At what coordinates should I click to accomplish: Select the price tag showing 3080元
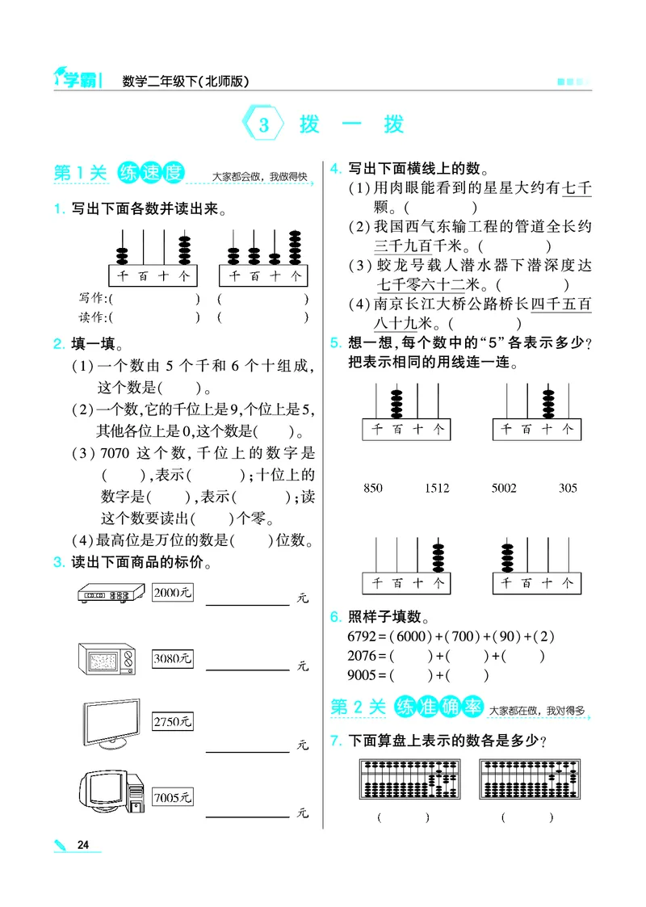[171, 658]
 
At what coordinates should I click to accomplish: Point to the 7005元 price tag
[171, 798]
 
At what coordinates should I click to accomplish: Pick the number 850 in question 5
[373, 489]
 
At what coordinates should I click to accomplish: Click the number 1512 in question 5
[437, 489]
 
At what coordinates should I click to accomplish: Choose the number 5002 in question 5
[503, 489]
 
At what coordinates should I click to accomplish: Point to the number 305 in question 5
[568, 489]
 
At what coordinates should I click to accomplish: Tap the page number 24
[82, 845]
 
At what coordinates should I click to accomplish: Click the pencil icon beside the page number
[61, 845]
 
